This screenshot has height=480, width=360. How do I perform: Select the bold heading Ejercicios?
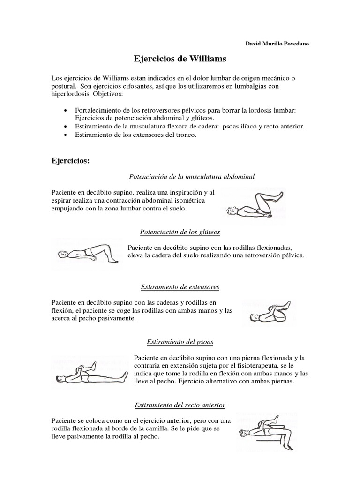70,161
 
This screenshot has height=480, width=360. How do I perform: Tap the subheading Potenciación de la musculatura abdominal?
192,177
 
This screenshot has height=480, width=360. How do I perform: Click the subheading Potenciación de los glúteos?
180,232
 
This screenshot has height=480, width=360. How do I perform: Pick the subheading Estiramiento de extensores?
180,286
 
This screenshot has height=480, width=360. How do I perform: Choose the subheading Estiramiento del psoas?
180,342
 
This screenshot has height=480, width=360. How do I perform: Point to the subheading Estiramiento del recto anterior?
180,405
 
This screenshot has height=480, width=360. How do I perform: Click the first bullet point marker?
65,110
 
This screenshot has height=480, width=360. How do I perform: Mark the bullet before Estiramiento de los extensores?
65,135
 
